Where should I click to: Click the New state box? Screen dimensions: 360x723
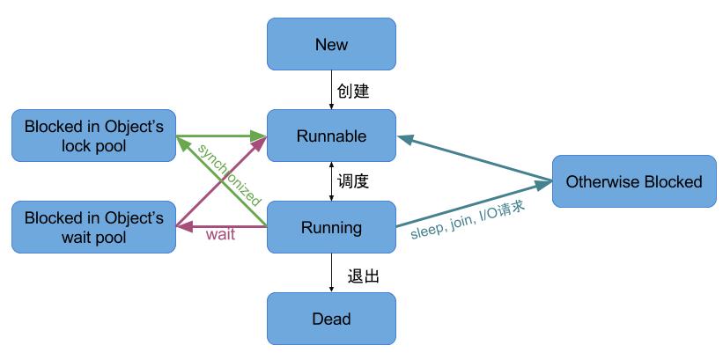point(331,44)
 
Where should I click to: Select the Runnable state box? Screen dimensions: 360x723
point(331,136)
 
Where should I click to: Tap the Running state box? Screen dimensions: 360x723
point(331,227)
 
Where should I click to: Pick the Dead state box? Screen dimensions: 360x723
point(331,319)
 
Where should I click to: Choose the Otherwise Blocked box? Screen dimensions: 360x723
point(634,181)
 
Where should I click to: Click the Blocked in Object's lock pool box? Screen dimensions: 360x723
point(94,136)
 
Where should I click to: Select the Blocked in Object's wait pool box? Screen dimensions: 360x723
point(94,227)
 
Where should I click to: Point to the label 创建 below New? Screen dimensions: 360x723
point(353,91)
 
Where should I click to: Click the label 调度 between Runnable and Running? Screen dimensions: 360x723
point(353,182)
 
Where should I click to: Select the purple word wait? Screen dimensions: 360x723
point(219,235)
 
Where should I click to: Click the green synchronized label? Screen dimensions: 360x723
point(226,170)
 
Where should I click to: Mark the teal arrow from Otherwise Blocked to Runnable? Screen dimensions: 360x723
point(476,159)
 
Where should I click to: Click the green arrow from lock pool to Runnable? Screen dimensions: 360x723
point(220,136)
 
